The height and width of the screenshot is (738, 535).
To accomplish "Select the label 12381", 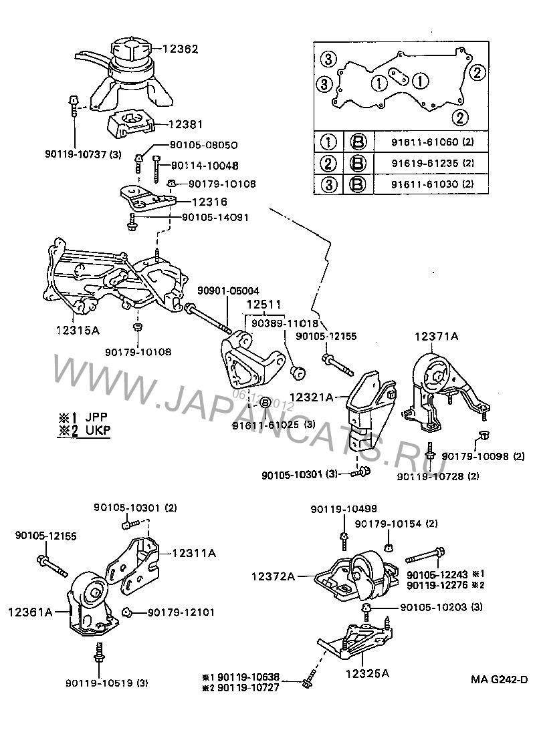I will (185, 124).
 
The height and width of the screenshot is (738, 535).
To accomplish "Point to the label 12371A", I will (435, 337).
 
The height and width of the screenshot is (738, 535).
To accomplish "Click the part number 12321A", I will (311, 397).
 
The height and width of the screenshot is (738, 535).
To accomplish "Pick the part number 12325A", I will (367, 673).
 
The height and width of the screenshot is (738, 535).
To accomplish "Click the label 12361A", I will (30, 610).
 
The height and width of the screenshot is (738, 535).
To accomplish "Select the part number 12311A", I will (193, 552).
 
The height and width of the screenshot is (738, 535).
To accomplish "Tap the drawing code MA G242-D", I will (498, 680).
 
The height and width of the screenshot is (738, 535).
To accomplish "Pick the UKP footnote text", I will (84, 429).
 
